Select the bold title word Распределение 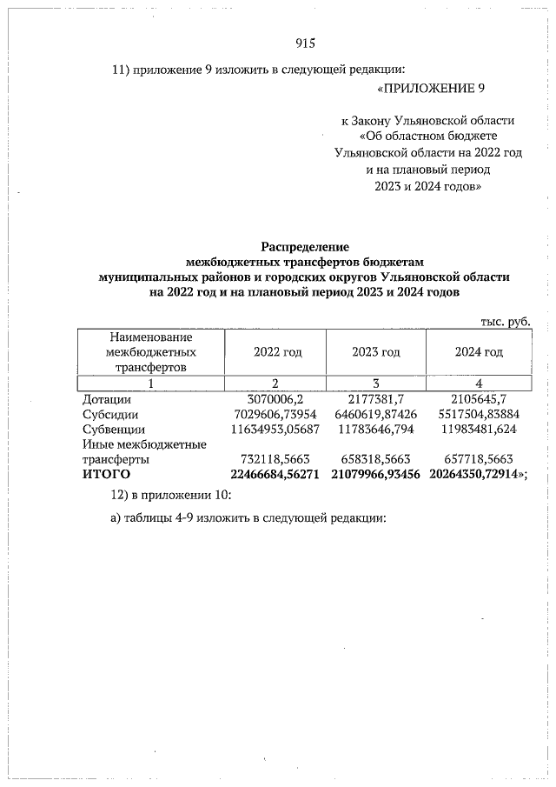pos(304,247)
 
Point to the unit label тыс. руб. pos(505,321)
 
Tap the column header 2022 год pos(277,352)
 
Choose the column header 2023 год pos(376,352)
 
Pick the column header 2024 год pos(480,352)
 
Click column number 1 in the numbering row pos(150,383)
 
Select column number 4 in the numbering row pos(479,383)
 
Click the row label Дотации pos(107,398)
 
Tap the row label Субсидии pos(112,414)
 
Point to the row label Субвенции pos(115,429)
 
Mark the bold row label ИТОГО pos(106,474)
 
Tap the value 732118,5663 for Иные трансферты pos(277,459)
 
